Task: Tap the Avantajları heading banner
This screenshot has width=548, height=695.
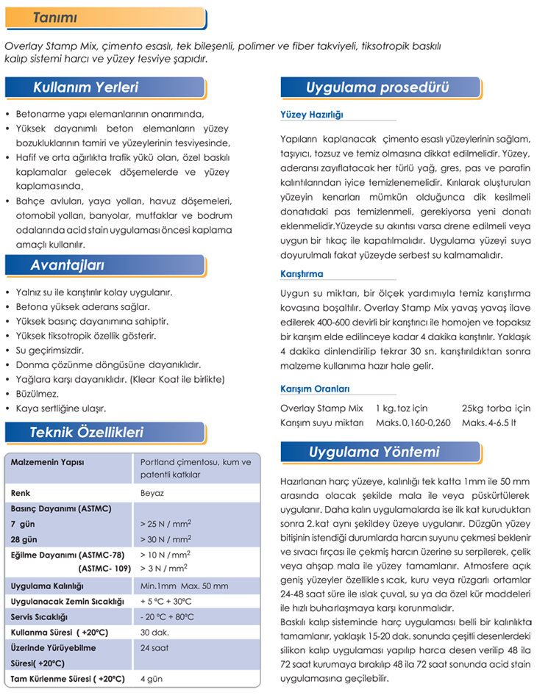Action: pos(67,264)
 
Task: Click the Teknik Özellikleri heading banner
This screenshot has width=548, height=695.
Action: pos(87,433)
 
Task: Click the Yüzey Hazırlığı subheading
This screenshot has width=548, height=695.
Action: pos(312,115)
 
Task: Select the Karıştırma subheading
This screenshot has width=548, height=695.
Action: pos(302,274)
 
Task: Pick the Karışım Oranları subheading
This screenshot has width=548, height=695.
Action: pos(315,389)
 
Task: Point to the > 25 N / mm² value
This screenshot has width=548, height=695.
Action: pos(166,524)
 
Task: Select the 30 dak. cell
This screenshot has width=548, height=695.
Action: pos(154,632)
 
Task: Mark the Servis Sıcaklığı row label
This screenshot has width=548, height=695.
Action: pos(40,616)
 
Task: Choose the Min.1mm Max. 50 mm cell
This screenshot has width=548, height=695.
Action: pos(184,586)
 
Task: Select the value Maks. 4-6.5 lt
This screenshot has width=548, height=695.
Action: pos(489,422)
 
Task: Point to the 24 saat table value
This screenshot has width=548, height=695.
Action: pos(154,648)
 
